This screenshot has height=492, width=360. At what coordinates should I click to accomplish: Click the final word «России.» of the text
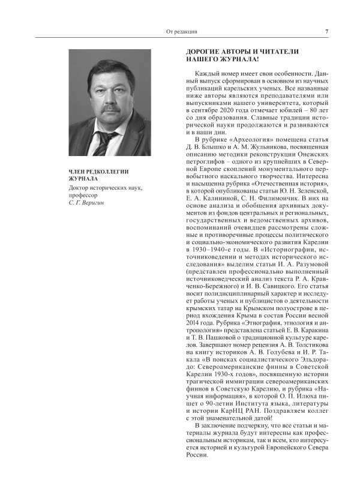click(x=199, y=456)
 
